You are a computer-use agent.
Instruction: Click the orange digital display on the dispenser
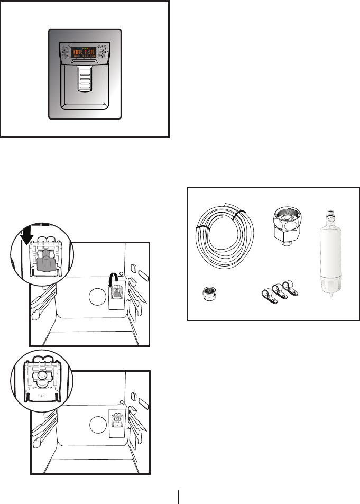85,52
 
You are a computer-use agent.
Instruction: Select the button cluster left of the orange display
66,52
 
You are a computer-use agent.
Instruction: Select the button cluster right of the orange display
103,52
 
